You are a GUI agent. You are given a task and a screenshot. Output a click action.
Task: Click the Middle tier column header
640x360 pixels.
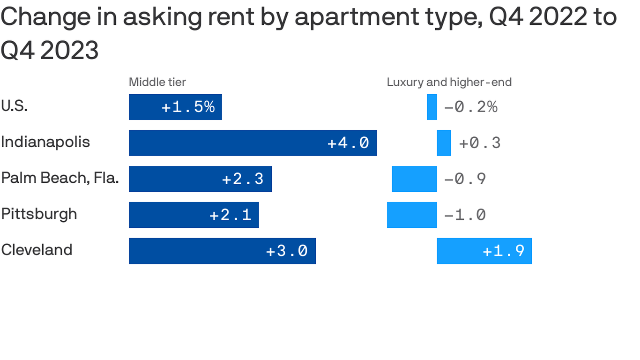pos(157,82)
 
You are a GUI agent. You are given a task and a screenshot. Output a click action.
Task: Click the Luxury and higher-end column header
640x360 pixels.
pos(449,82)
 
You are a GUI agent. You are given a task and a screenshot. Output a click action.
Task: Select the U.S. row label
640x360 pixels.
pos(15,106)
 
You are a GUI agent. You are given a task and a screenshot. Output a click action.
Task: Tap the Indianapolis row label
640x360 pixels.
pos(45,142)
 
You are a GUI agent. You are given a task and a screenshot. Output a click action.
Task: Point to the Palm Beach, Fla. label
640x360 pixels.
pos(60,178)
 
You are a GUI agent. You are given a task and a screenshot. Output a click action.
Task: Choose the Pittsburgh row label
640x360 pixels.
pos(39,214)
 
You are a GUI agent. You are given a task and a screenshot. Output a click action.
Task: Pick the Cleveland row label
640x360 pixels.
pos(37,250)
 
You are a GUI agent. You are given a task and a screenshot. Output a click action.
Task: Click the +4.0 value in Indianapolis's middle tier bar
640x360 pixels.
pos(348,143)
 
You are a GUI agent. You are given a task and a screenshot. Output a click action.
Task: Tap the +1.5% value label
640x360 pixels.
pos(188,107)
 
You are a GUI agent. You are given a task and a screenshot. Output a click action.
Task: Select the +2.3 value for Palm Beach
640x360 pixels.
pos(243,179)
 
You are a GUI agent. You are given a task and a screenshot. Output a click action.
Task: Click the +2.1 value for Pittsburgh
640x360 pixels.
pos(231,215)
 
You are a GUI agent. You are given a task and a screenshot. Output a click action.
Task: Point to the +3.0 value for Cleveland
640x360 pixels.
pos(287,251)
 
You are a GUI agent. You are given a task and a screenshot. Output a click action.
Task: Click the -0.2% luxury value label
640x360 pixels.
pos(470,107)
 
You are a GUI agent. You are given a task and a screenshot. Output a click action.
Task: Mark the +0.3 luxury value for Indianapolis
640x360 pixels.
pos(480,143)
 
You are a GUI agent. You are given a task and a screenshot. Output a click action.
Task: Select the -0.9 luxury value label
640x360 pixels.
pos(465,179)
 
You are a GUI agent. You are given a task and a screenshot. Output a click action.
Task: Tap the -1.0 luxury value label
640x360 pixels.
pos(465,215)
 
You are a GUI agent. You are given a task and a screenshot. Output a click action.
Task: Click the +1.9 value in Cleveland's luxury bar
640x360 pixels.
pos(504,251)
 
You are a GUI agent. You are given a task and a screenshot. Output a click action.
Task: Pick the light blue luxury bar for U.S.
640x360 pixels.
pos(432,107)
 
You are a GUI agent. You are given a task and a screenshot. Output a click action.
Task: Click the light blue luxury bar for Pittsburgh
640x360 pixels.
pos(412,215)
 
